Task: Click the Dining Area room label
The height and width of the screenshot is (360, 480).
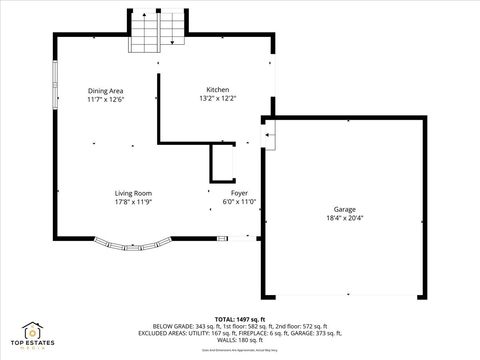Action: pyautogui.click(x=105, y=91)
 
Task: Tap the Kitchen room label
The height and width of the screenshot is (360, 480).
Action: pyautogui.click(x=217, y=90)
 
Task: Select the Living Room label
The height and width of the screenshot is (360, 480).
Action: pyautogui.click(x=133, y=193)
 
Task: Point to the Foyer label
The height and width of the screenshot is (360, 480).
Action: pyautogui.click(x=239, y=193)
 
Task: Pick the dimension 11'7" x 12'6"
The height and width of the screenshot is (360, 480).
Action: pyautogui.click(x=105, y=100)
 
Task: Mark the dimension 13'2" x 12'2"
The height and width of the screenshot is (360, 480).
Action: pyautogui.click(x=217, y=99)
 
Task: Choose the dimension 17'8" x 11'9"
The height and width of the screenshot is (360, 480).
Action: pyautogui.click(x=133, y=202)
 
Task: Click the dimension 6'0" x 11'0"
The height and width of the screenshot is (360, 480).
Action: pyautogui.click(x=239, y=202)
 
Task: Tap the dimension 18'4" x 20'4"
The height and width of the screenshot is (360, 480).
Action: pyautogui.click(x=344, y=218)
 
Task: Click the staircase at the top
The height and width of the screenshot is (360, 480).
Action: pyautogui.click(x=158, y=32)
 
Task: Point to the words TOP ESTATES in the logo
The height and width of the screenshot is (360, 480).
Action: pyautogui.click(x=32, y=343)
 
